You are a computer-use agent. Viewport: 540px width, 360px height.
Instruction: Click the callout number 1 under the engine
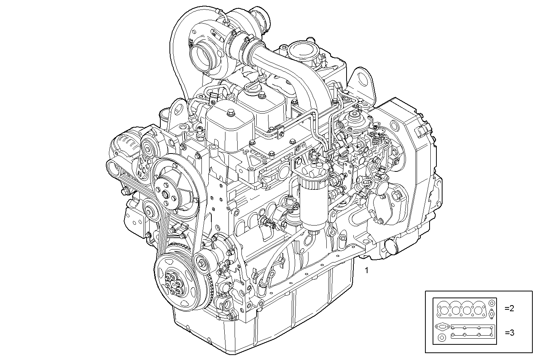tap(366, 271)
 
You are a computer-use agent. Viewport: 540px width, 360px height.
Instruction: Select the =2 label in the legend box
tap(509, 308)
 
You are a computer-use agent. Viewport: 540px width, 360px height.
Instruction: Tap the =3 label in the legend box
tap(509, 333)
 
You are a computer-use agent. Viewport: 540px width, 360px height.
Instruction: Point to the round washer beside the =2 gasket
tap(492, 303)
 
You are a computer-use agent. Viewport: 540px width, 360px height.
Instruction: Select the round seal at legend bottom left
tap(442, 338)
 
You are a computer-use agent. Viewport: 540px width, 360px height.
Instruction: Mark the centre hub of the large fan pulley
tap(165, 195)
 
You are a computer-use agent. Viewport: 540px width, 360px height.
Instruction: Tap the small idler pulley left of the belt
tap(149, 210)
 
